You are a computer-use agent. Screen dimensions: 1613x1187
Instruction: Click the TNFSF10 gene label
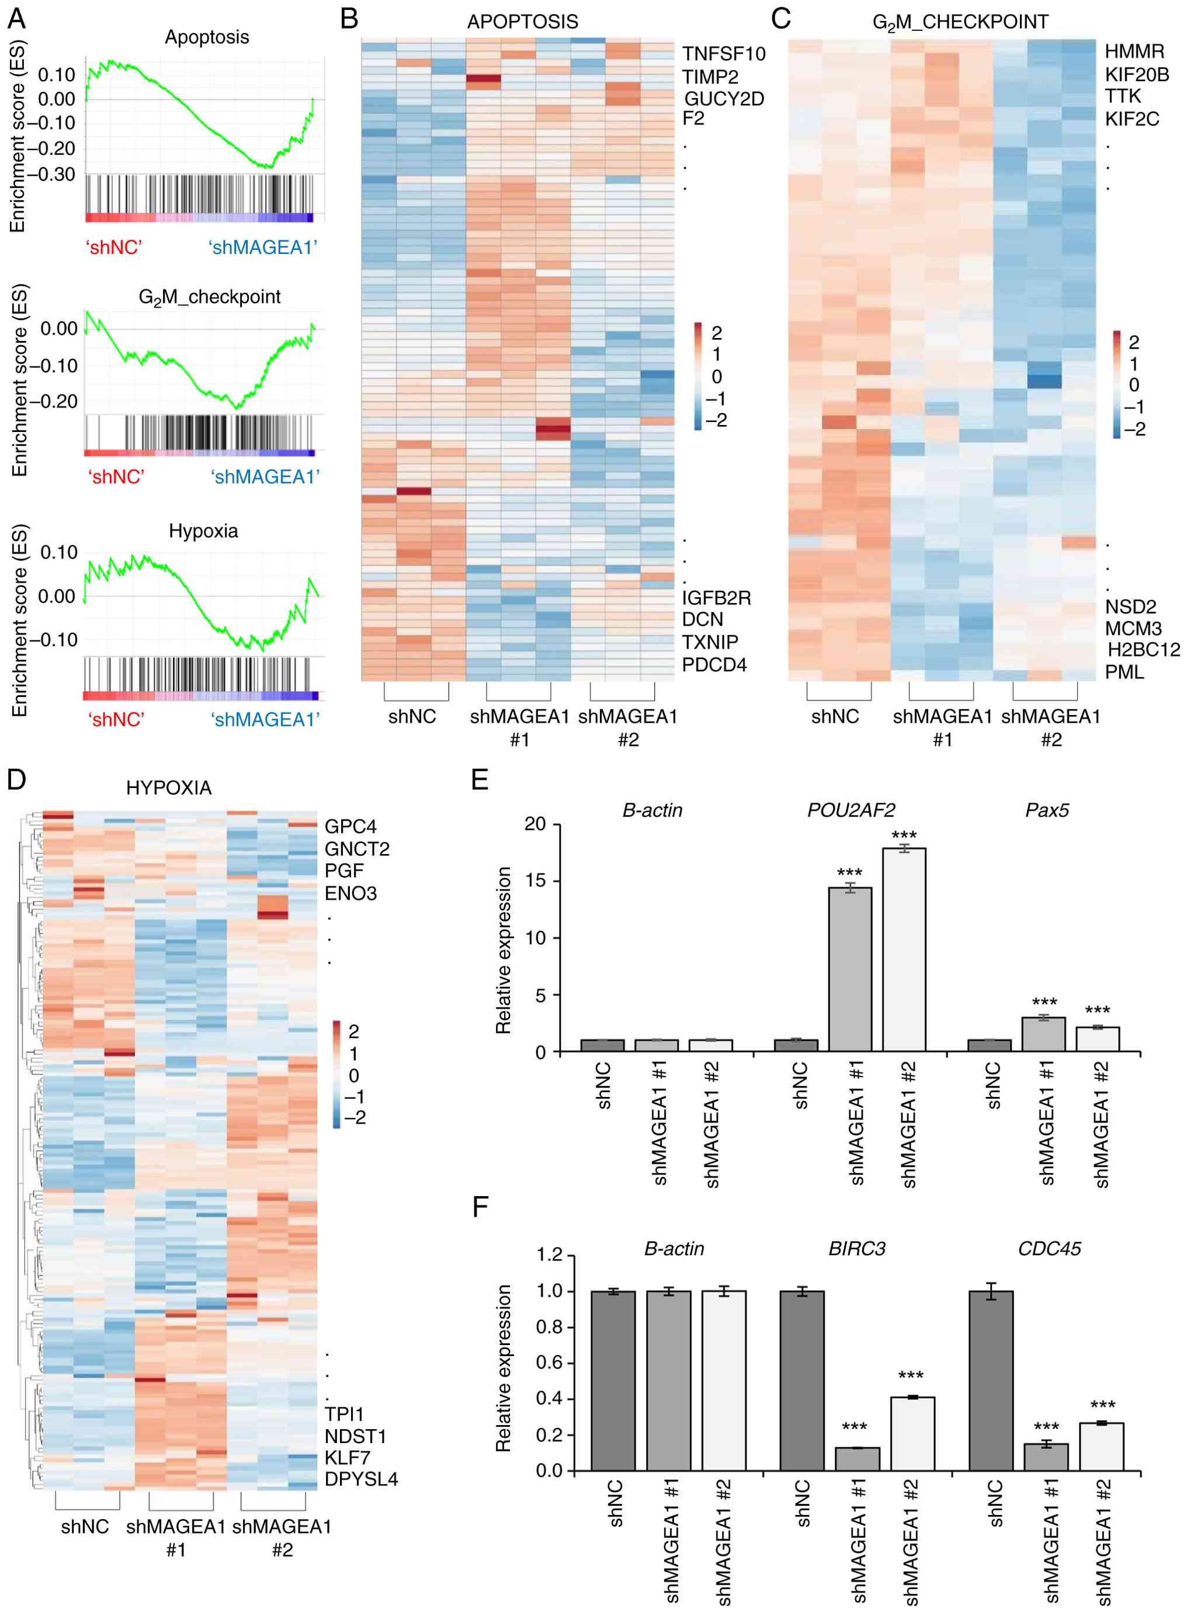pos(724,54)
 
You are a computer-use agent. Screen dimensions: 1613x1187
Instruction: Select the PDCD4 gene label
pos(714,665)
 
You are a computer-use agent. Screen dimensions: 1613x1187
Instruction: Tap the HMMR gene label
pos(1134,52)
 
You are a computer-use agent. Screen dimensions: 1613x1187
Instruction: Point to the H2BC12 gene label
pos(1143,650)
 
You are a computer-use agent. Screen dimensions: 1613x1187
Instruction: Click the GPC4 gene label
pos(350,827)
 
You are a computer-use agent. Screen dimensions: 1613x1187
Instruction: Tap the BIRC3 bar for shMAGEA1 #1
pos(856,1459)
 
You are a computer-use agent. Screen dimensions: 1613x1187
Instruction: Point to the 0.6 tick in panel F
pos(550,1363)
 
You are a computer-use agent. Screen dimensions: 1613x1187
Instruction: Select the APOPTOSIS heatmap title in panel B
pos(522,22)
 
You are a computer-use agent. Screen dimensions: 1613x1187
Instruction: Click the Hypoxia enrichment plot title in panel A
pos(203,531)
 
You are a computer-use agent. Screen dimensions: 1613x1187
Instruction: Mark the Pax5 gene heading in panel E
pos(1047,810)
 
